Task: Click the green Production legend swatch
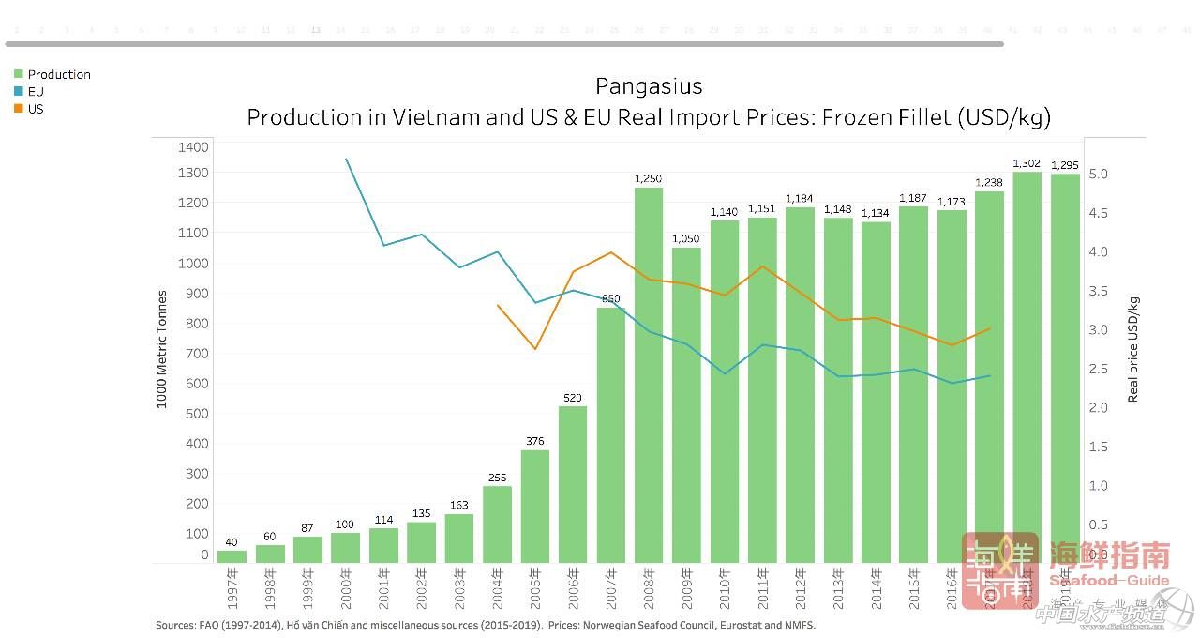[18, 74]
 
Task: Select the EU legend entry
[36, 92]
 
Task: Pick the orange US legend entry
[36, 109]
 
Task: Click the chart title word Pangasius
[648, 86]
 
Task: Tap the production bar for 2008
[649, 375]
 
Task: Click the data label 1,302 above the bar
[1027, 164]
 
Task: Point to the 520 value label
[573, 398]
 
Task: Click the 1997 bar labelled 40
[232, 556]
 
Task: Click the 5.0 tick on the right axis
[1099, 175]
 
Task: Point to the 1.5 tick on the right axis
[1099, 447]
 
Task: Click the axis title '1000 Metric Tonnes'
[161, 349]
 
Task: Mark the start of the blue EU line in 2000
[346, 159]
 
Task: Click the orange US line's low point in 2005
[535, 349]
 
